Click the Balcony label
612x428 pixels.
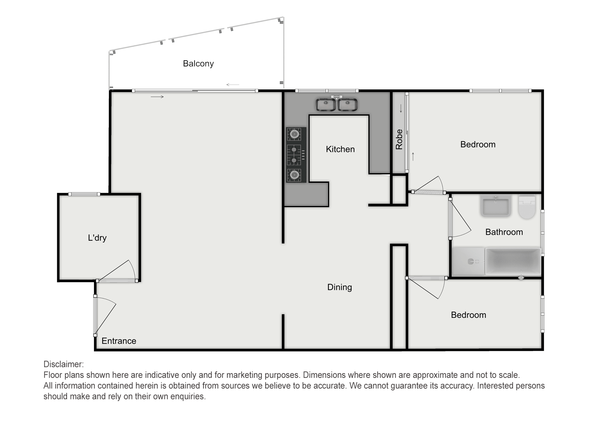click(198, 64)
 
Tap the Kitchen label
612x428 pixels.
click(340, 149)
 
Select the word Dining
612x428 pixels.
click(340, 287)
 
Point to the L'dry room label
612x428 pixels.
click(97, 238)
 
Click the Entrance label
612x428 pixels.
click(119, 341)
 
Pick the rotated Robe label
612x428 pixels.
click(399, 139)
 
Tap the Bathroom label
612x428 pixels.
click(504, 232)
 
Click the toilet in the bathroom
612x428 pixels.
click(527, 207)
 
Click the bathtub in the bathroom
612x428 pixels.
click(513, 261)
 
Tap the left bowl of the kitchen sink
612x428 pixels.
click(326, 105)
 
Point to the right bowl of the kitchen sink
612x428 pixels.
click(347, 105)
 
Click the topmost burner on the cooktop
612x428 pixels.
click(294, 134)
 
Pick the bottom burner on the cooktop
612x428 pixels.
click(294, 175)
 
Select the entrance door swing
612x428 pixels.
click(105, 315)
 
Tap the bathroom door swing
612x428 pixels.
click(461, 219)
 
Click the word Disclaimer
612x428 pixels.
click(64, 364)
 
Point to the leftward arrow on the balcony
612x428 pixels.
click(233, 85)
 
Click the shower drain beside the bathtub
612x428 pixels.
click(471, 261)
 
